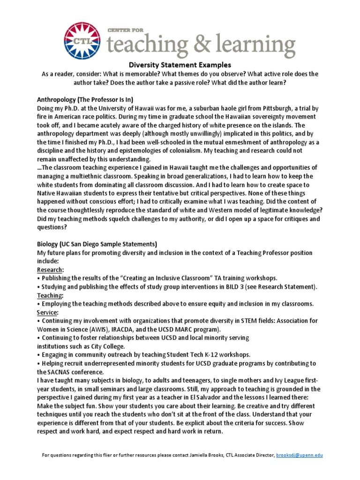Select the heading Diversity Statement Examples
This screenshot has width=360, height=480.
tap(180, 65)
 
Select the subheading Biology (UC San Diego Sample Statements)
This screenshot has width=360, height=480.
tap(97, 244)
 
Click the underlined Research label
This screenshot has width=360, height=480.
tap(50, 270)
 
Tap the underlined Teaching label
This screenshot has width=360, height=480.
tap(50, 295)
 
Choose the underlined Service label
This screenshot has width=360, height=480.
tap(47, 312)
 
